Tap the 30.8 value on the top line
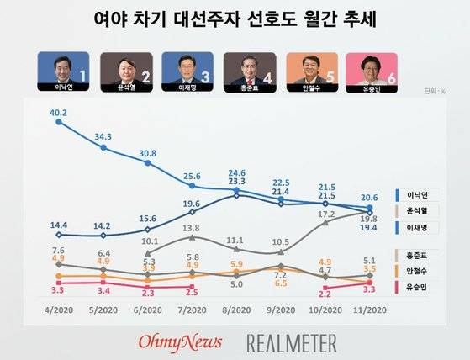[x=147, y=152]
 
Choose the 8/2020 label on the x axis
[x=236, y=310]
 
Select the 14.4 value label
[x=58, y=225]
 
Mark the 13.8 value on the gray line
[x=192, y=228]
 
